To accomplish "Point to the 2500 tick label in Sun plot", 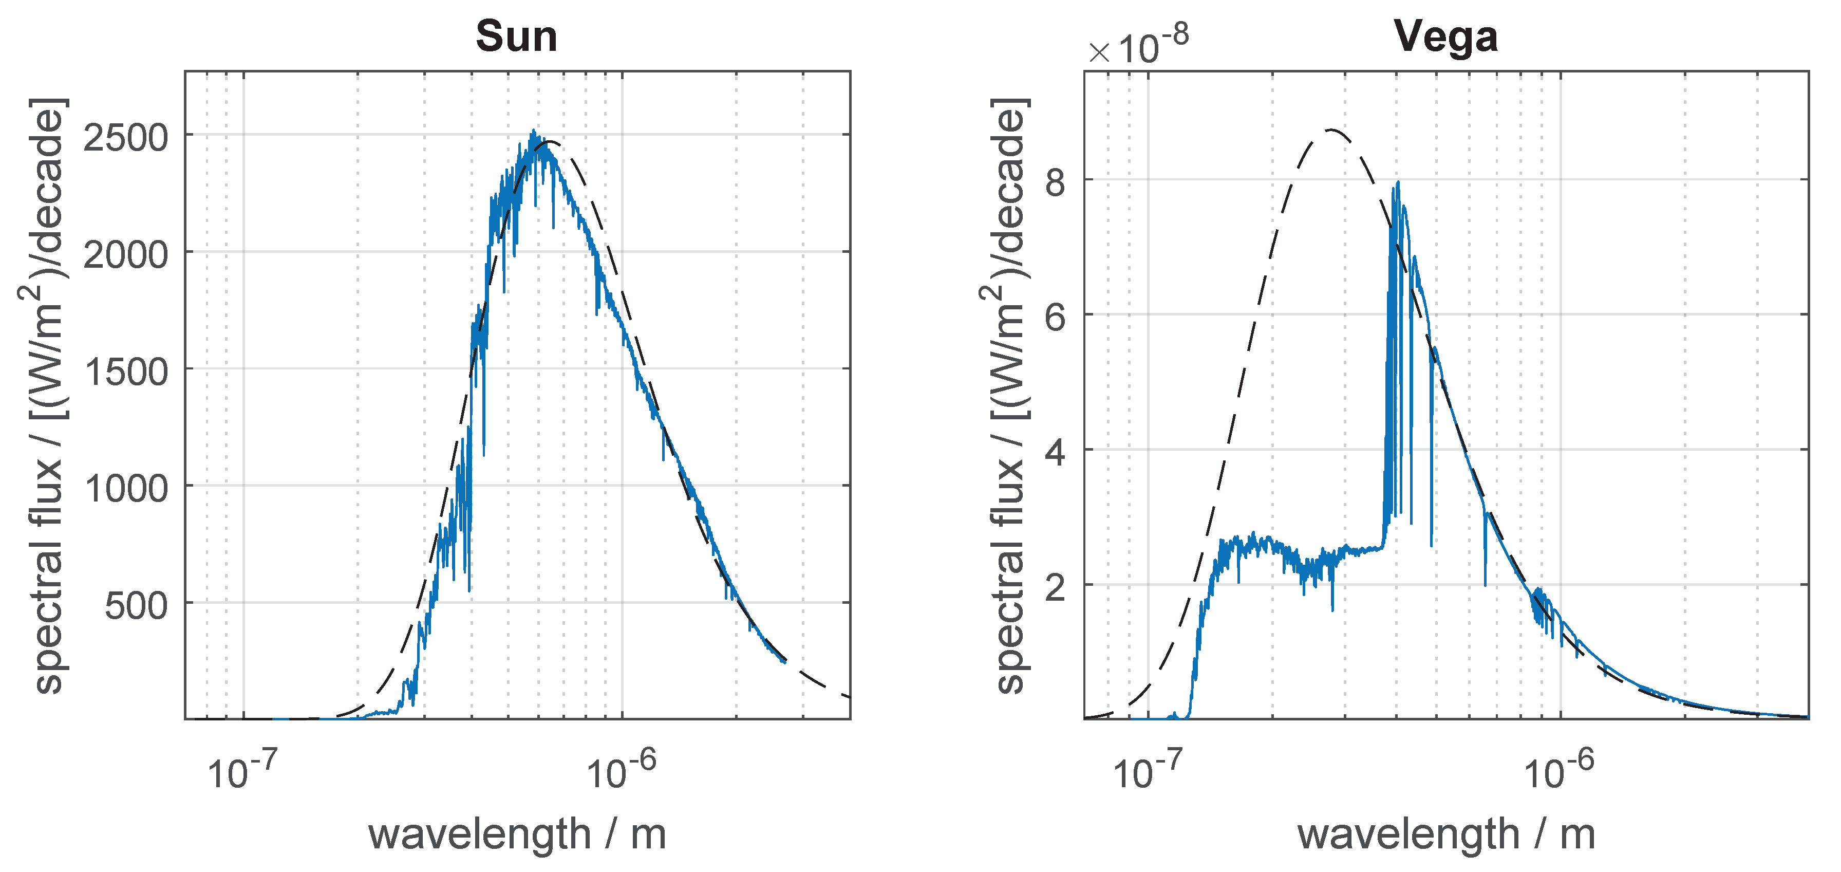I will pos(126,137).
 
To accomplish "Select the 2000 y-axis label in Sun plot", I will pos(126,254).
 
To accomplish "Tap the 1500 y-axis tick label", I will pos(126,372).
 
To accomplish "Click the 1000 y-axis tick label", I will pos(126,489).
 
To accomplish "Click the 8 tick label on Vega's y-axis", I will pos(1055,182).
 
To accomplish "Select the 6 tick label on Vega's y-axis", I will pos(1055,317).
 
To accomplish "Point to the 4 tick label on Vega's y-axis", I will pos(1055,452).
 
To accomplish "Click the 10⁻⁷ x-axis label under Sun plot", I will pos(241,770).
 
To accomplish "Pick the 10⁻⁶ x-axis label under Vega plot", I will pos(1558,770).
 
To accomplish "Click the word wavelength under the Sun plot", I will pos(479,834).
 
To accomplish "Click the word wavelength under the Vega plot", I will pos(1408,834).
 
